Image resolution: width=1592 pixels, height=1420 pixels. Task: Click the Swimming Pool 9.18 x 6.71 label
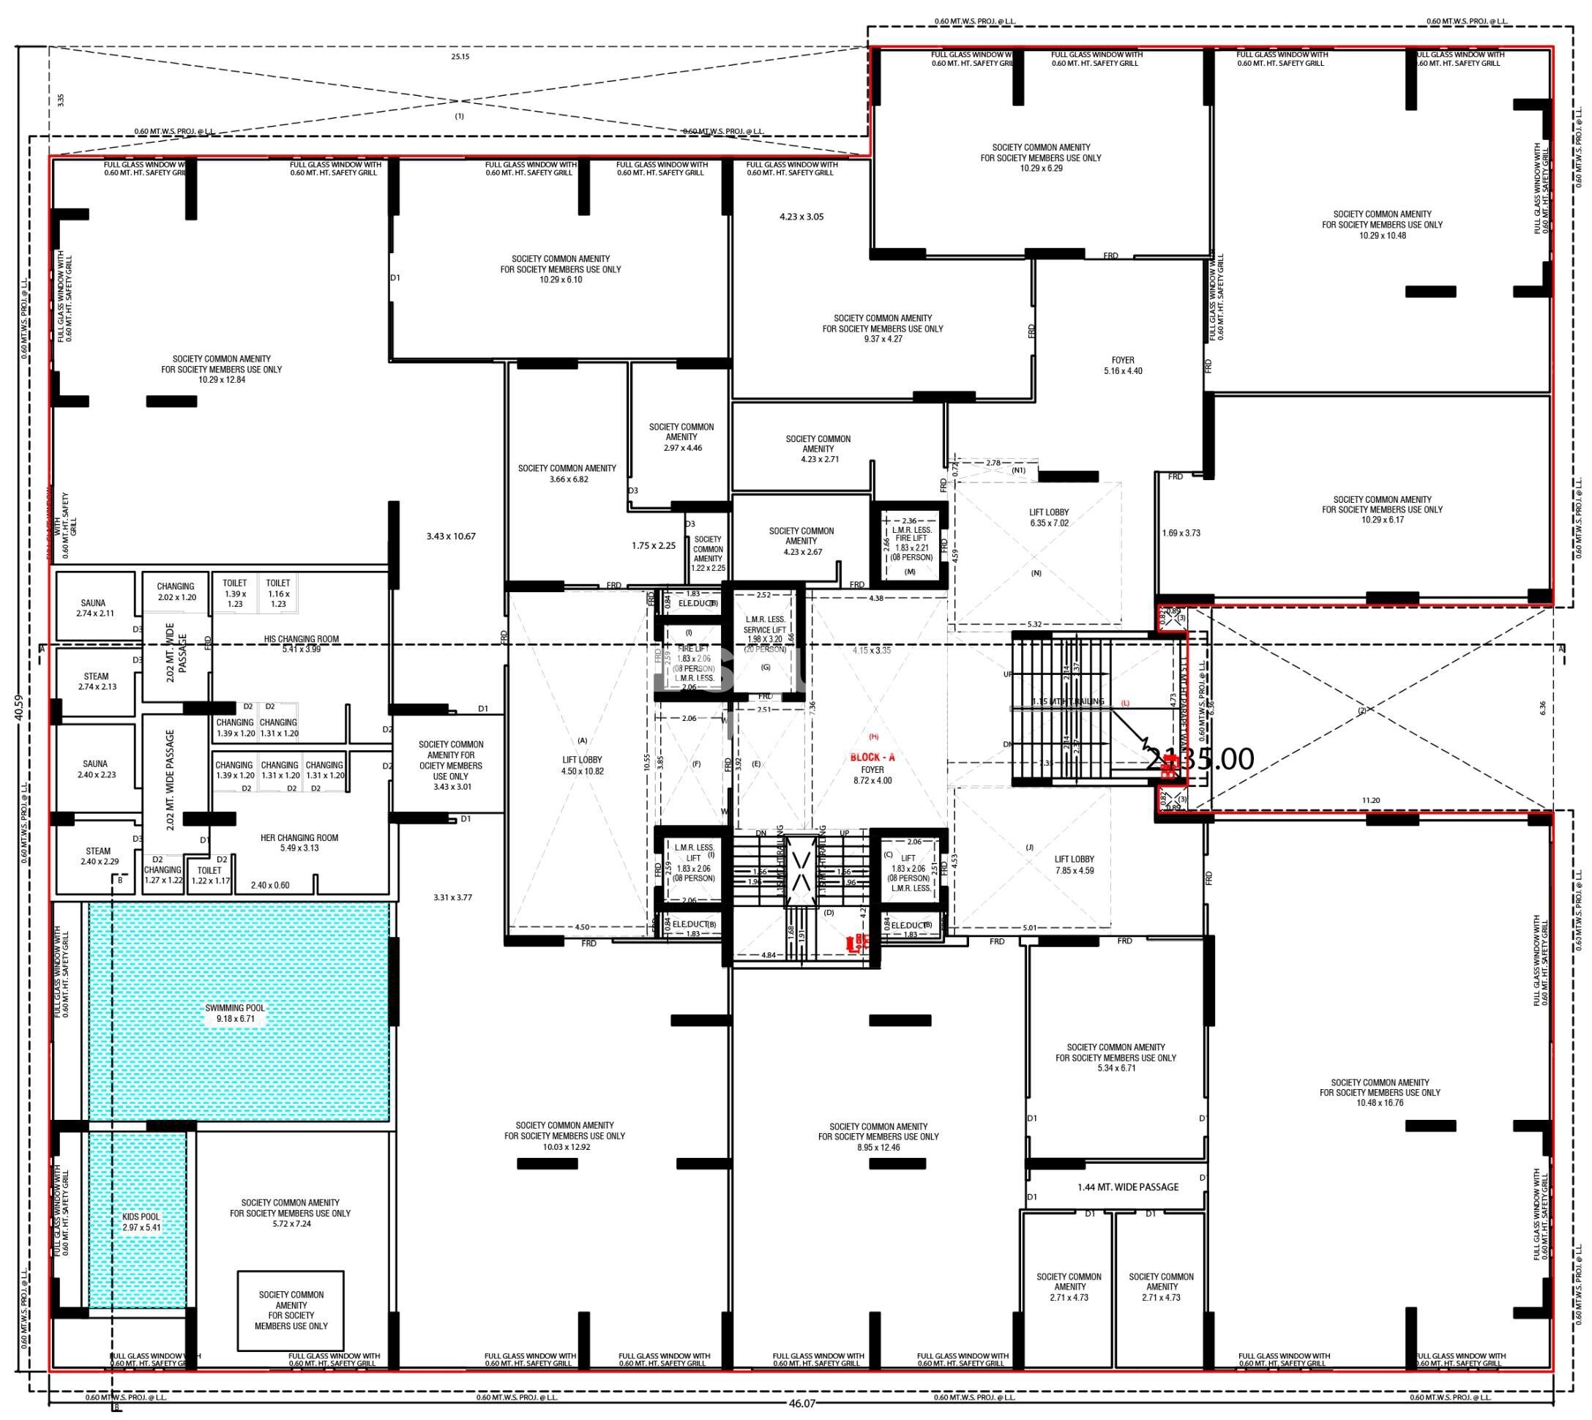pyautogui.click(x=235, y=1013)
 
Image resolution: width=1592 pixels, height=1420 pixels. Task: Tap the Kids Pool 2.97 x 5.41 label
pyautogui.click(x=141, y=1222)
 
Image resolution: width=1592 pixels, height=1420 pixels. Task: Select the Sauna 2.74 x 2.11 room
pyautogui.click(x=95, y=608)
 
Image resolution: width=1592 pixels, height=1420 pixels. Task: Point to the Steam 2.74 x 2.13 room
pyautogui.click(x=97, y=681)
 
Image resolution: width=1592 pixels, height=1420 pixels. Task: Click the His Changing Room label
pyautogui.click(x=301, y=643)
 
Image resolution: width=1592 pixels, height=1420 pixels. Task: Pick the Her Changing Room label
pyautogui.click(x=299, y=842)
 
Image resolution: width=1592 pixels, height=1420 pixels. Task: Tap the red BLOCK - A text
pyautogui.click(x=872, y=757)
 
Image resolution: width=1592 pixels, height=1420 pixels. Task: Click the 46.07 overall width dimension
pyautogui.click(x=801, y=1403)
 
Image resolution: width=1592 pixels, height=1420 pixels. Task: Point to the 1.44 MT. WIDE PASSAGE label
pyautogui.click(x=1128, y=1187)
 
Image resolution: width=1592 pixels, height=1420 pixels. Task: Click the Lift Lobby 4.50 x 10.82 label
pyautogui.click(x=582, y=765)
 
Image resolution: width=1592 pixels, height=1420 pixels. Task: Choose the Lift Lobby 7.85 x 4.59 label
pyautogui.click(x=1074, y=864)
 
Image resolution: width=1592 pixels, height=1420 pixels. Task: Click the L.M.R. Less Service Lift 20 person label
pyautogui.click(x=764, y=634)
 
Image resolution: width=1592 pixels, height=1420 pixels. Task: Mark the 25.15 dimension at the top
pyautogui.click(x=460, y=56)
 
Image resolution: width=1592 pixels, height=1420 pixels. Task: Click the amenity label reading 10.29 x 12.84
pyautogui.click(x=222, y=369)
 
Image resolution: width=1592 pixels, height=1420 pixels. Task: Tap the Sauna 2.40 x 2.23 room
pyautogui.click(x=96, y=769)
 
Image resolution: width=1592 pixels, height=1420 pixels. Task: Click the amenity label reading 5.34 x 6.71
pyautogui.click(x=1115, y=1057)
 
